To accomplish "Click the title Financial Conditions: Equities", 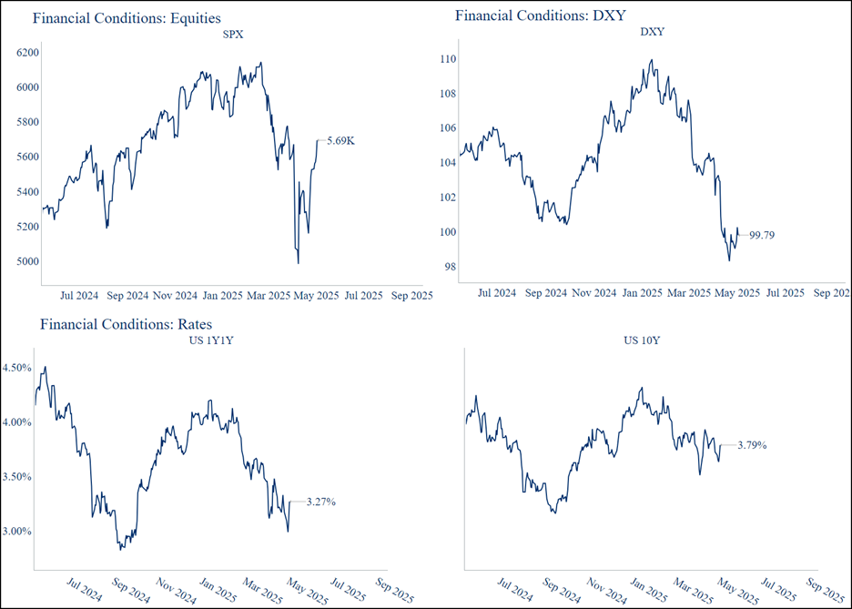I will [126, 17].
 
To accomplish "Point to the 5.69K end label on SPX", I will [340, 140].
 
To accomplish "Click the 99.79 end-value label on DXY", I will [761, 235].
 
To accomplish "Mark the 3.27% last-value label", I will [321, 502].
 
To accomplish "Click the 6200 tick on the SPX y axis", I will [28, 53].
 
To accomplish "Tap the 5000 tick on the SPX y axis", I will [28, 261].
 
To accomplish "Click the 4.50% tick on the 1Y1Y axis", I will [17, 368].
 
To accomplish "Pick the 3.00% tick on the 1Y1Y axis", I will [17, 531].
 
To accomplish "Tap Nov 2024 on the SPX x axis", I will [175, 296].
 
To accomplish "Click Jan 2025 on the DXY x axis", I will [642, 293].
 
